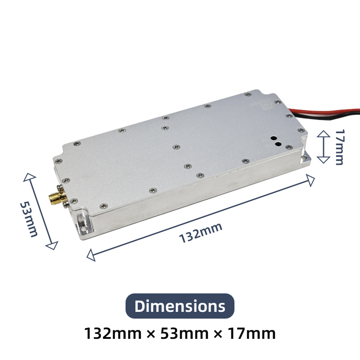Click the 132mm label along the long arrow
[x=201, y=233]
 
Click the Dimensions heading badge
[x=180, y=306]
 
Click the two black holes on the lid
[x=276, y=141]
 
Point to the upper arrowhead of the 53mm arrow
[x=29, y=177]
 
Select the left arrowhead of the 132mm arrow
[x=91, y=256]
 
